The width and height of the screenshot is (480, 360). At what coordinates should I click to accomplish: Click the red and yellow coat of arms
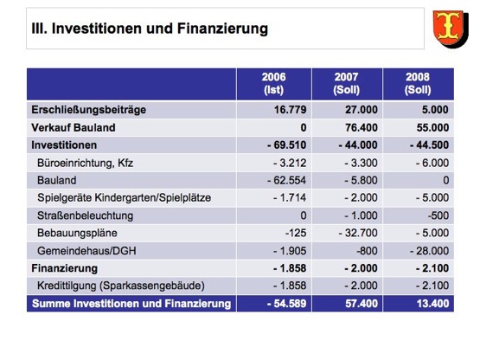pos(451,29)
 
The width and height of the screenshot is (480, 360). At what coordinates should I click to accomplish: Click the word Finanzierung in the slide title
pos(222,29)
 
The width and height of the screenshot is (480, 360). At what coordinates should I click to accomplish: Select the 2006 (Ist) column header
pos(273,83)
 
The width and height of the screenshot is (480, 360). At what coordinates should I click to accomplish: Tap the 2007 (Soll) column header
pos(346,83)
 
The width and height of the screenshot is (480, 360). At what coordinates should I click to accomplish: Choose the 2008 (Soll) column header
pos(418,83)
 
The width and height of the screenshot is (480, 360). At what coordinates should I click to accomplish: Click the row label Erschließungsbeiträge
pos(89,110)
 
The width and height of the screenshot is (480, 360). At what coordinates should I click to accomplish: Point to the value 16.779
pos(291,110)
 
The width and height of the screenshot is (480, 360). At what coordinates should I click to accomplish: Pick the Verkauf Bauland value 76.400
pos(362,127)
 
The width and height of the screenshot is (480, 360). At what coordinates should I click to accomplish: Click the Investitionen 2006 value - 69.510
pos(286,145)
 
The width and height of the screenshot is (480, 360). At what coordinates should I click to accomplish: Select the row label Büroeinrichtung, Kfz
pos(85,163)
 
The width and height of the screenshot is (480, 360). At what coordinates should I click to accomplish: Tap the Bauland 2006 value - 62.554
pos(286,180)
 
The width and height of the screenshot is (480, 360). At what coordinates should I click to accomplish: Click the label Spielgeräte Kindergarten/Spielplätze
pos(124,198)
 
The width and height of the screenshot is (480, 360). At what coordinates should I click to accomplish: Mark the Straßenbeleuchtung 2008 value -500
pos(438,215)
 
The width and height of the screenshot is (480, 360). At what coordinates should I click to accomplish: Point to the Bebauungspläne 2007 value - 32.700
pos(358,233)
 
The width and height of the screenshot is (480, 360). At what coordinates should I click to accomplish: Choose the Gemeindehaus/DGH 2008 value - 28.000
pos(429,251)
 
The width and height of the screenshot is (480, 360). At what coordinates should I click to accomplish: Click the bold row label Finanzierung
pos(64,268)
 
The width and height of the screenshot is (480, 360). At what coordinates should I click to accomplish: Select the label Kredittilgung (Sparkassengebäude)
pos(121,286)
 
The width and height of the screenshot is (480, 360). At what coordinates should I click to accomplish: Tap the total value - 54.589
pos(286,304)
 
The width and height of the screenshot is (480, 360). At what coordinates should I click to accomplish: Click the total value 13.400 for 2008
pos(432,304)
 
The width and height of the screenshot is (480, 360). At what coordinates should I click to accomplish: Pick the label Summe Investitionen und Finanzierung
pos(131,304)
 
